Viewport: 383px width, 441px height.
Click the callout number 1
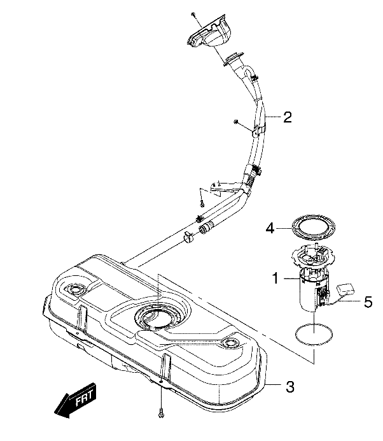(276, 278)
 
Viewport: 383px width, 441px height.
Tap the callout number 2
(288, 117)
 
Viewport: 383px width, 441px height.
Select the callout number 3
(289, 387)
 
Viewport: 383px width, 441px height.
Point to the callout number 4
(270, 228)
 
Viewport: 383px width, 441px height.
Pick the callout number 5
(368, 301)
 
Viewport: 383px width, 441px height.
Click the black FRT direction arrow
(75, 400)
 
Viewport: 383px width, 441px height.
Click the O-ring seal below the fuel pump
(314, 334)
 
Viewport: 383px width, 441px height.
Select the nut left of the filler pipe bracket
(235, 121)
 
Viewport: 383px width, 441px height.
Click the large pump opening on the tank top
(155, 316)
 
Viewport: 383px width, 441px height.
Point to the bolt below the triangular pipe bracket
(201, 203)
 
